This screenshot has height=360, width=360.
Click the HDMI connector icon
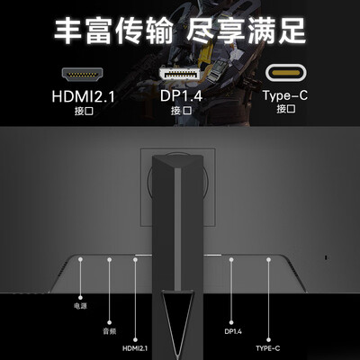tap(83, 75)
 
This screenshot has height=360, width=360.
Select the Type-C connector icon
tap(286, 73)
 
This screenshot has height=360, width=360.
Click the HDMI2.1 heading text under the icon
tap(83, 96)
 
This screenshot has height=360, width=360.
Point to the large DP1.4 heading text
tap(181, 95)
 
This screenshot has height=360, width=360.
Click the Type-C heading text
tap(285, 95)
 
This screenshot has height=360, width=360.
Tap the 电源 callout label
tap(80, 306)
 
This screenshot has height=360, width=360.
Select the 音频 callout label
tap(109, 331)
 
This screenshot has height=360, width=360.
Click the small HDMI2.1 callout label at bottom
tap(135, 348)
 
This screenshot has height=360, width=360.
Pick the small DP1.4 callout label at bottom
tap(233, 331)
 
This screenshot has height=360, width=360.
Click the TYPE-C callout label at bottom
tap(268, 348)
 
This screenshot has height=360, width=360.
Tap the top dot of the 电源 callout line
tap(80, 259)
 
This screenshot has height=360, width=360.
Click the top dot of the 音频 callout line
tap(110, 259)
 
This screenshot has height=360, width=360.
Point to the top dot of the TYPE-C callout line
tap(268, 259)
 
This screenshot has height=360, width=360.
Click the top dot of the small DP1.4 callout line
tap(231, 259)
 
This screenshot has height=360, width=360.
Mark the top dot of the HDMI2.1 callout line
tap(135, 259)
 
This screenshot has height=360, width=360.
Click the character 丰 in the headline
tap(68, 31)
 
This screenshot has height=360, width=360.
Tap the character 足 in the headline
tap(291, 31)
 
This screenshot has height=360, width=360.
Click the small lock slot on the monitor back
tap(327, 257)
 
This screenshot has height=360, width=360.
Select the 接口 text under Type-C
tap(286, 109)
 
